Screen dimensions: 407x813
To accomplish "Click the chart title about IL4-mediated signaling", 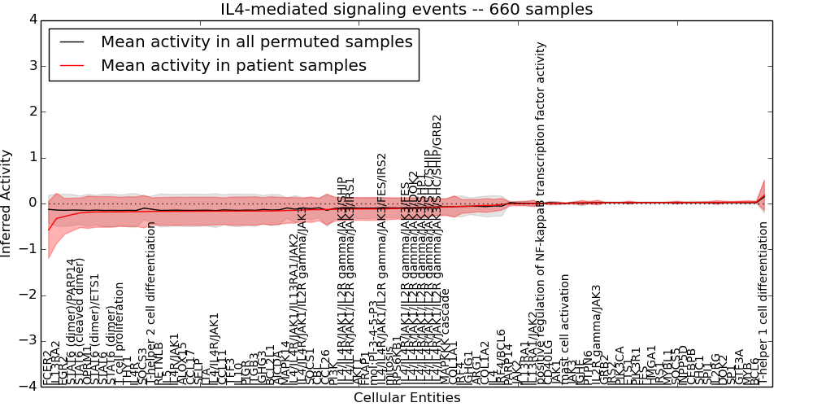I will tap(406, 10).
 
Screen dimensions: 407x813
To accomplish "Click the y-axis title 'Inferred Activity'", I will tap(7, 203).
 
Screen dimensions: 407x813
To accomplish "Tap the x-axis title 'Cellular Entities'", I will tap(406, 398).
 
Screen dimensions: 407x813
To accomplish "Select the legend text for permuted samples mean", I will tap(256, 42).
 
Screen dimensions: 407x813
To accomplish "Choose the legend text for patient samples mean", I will tap(233, 65).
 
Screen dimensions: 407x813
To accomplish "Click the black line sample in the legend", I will tap(72, 42).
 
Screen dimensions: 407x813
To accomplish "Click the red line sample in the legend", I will tap(72, 65).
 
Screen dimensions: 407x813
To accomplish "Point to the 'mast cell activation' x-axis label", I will tap(567, 330).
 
